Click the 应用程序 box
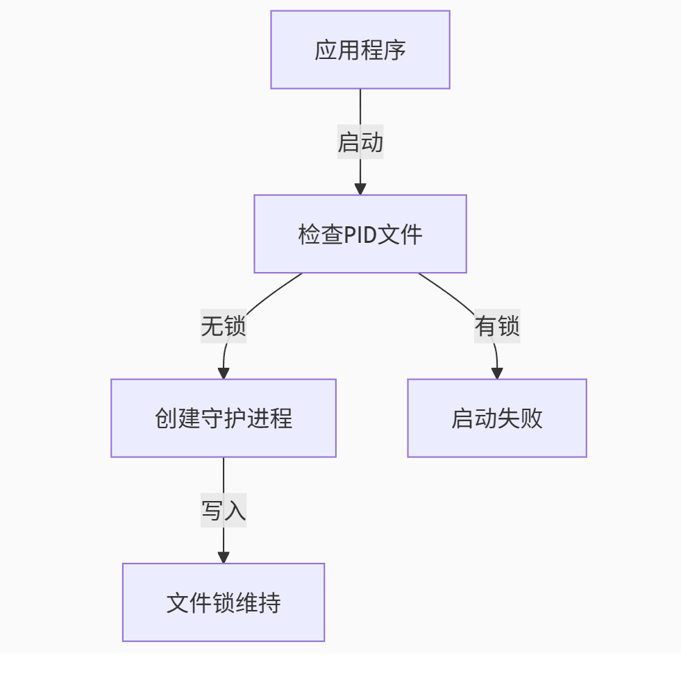coord(360,50)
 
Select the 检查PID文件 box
coord(360,234)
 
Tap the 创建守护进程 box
coord(223,418)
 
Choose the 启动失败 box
coord(496,418)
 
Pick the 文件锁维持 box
coord(223,602)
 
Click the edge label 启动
coord(360,142)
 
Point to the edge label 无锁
coord(223,326)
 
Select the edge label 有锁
coord(496,326)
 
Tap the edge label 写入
coord(223,511)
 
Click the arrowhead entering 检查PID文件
coord(360,189)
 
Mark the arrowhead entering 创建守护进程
coord(223,373)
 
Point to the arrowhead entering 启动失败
coord(496,373)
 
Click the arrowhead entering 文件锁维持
coord(223,557)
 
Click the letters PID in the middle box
coord(360,235)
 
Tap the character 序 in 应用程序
coord(394,51)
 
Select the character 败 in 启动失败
coord(531,418)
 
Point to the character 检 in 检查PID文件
coord(309,235)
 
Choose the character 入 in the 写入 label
coord(235,511)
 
